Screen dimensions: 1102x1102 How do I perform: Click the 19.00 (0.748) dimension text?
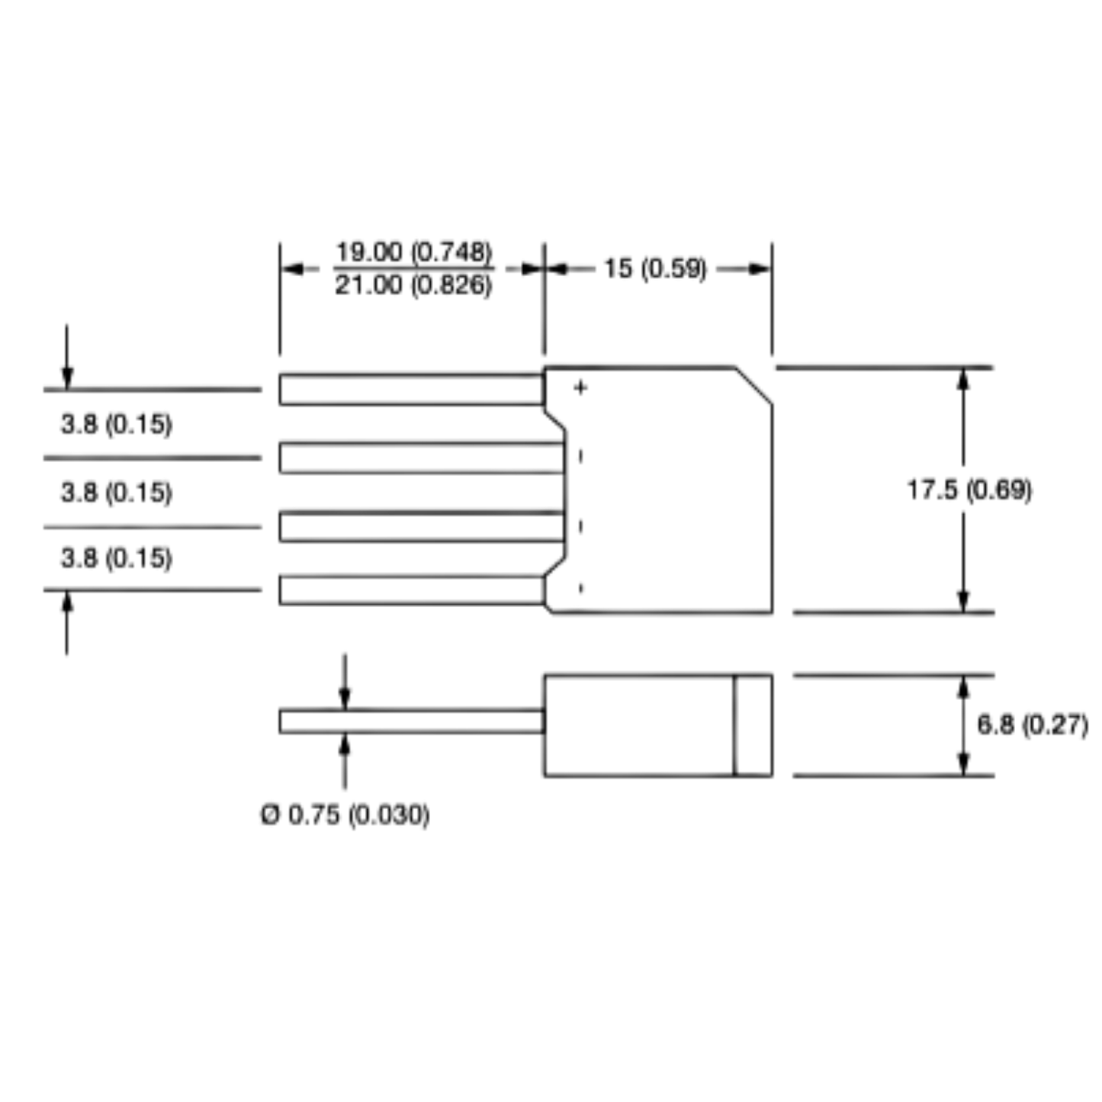414,252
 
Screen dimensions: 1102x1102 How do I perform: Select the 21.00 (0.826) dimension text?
413,284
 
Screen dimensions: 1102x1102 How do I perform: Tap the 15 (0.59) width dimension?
655,268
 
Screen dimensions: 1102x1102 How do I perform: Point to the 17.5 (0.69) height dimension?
970,490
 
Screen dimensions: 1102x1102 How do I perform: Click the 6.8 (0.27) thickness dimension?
1033,725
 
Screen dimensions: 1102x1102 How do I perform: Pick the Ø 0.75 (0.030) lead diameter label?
345,815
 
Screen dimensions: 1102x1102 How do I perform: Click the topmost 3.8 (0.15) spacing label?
117,424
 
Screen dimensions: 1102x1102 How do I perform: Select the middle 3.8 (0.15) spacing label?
117,493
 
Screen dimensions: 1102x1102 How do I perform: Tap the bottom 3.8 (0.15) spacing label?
117,558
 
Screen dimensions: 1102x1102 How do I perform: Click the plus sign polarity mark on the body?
580,387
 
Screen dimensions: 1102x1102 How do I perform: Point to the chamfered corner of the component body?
753,385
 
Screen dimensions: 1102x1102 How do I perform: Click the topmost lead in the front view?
412,390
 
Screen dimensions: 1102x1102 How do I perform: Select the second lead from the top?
422,458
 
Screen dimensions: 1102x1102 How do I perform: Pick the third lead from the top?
422,526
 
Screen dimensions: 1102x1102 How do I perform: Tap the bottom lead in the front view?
412,590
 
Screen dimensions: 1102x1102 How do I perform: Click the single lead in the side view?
412,721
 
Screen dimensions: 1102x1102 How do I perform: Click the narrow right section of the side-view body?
753,726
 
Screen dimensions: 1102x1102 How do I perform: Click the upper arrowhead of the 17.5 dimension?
963,380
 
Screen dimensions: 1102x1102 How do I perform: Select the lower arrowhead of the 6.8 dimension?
963,765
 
